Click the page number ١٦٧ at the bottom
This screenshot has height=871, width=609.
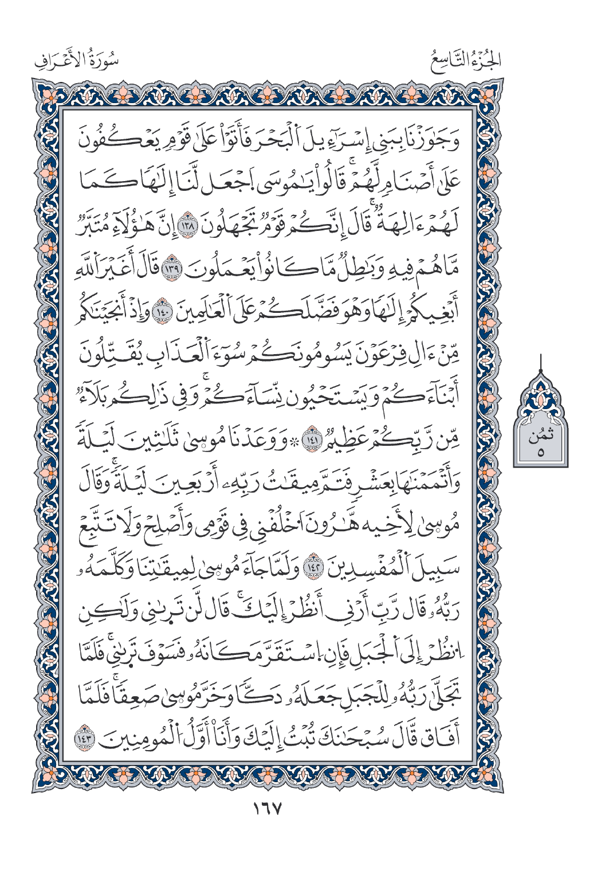268,809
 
